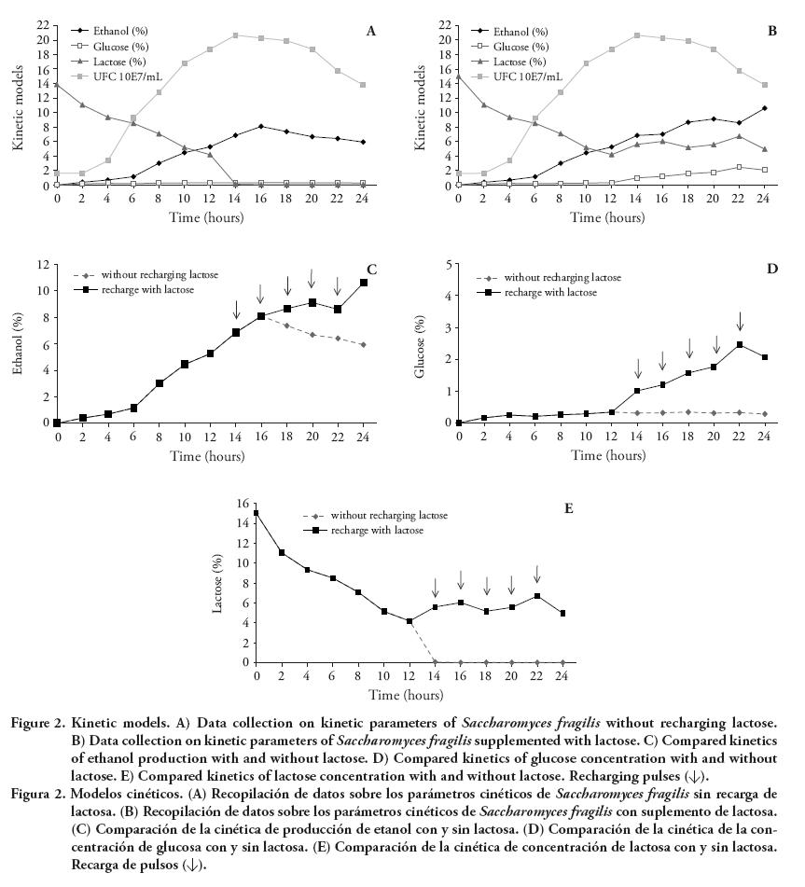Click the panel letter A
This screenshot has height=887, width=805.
(x=371, y=32)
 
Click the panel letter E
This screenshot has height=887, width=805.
(x=568, y=508)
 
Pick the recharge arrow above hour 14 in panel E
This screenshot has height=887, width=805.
(x=435, y=588)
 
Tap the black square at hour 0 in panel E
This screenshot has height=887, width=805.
(x=257, y=513)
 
